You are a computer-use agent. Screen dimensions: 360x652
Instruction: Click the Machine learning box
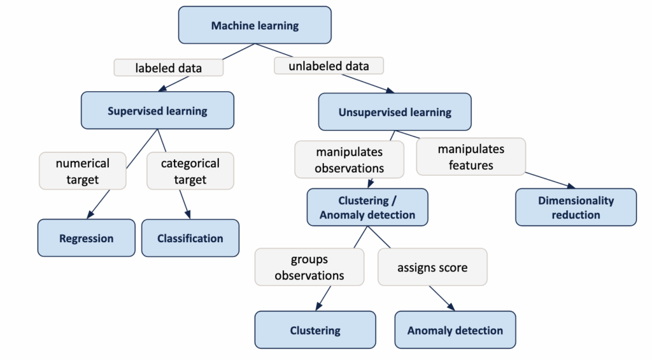[255, 25]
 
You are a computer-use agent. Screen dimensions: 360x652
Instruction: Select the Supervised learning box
[157, 111]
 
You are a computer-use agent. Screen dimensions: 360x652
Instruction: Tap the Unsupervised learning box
[395, 112]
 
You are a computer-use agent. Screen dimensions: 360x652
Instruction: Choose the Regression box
[86, 238]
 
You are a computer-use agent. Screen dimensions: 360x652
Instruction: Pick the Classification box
[190, 238]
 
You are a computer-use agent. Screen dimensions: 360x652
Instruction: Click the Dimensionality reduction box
[576, 207]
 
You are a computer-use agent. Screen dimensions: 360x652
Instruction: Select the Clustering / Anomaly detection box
[367, 208]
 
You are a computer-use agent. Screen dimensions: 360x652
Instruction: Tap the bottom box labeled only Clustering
[315, 330]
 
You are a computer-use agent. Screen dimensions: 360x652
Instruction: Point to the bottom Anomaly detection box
[455, 330]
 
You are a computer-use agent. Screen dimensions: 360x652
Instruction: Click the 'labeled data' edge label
[169, 67]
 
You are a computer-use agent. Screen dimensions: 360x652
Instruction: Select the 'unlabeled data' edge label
[329, 66]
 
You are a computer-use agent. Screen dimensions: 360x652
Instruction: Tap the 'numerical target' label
[82, 171]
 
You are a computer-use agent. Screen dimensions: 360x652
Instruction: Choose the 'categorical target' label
[190, 171]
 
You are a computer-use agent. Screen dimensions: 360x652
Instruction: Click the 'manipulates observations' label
[349, 159]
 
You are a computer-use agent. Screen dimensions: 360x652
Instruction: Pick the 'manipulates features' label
[471, 157]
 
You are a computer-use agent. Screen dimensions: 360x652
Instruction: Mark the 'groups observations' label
[309, 267]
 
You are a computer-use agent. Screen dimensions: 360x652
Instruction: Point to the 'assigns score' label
[432, 267]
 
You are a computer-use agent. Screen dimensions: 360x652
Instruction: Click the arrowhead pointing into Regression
[90, 215]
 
